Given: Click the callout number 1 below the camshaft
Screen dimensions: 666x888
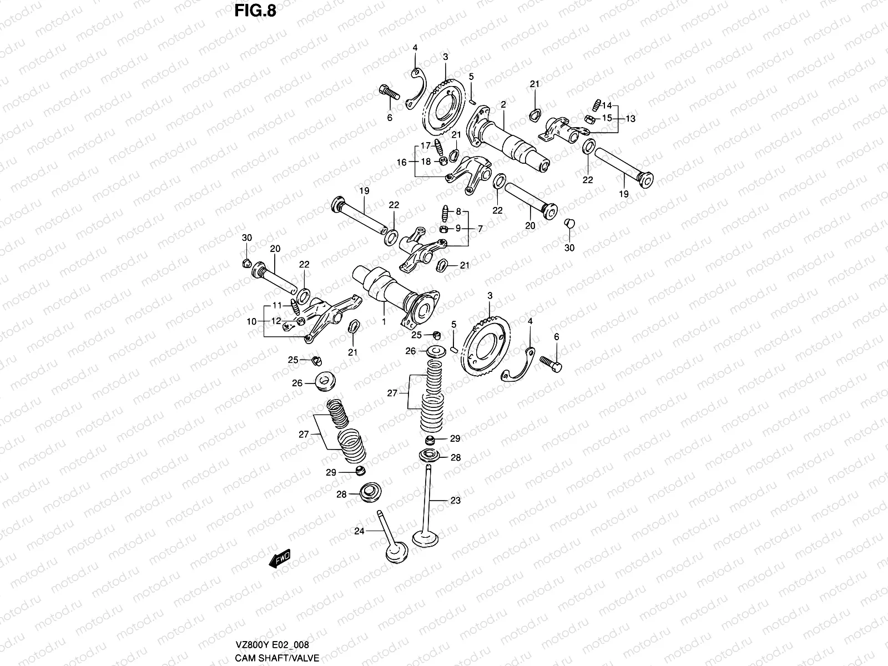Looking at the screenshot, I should tap(383, 322).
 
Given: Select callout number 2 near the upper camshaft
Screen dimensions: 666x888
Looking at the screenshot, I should tap(503, 104).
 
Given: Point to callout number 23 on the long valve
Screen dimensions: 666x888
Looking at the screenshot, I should tap(455, 501).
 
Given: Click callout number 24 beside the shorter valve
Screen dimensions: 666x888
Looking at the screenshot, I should tap(359, 531).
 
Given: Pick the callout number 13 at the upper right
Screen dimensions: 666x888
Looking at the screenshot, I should tap(631, 118).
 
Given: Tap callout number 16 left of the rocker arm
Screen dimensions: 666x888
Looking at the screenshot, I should tap(401, 162).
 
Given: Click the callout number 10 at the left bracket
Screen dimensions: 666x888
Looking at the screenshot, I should tap(251, 321).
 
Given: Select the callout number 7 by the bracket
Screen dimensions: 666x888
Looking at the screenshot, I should tap(480, 228).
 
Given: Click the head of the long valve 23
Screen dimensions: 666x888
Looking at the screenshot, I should tap(426, 539).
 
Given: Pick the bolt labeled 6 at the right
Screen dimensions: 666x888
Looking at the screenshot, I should tap(551, 364).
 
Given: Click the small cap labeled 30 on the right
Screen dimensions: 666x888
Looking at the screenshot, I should tap(569, 224).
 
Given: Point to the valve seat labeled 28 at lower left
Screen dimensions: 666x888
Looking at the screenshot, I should tap(369, 493).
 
